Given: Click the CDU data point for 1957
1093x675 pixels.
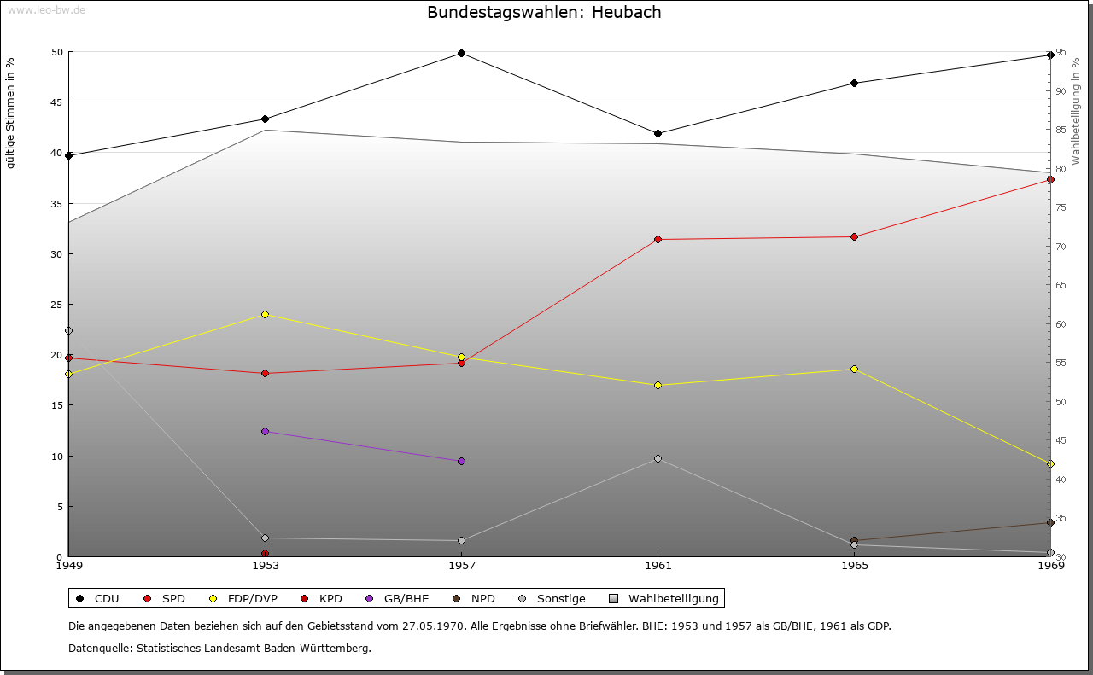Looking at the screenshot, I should tap(461, 54).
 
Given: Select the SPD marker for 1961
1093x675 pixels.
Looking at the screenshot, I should tap(658, 240).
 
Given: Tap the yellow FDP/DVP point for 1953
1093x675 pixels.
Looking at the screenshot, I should tap(265, 315).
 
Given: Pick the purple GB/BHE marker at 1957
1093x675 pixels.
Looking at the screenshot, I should tap(461, 462).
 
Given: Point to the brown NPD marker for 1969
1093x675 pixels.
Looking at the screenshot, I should tap(1050, 523).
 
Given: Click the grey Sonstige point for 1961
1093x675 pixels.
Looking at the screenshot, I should tap(658, 459).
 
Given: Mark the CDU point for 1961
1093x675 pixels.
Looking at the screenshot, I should tap(658, 134).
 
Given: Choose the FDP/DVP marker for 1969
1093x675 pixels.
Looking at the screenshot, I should tap(1050, 464).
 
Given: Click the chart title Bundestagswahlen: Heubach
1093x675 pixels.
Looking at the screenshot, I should tap(544, 13).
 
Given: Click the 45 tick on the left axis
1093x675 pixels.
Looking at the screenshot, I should tap(56, 102).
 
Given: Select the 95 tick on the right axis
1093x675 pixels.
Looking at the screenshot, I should tap(1060, 53).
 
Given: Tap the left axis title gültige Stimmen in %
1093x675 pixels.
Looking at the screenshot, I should tap(11, 113).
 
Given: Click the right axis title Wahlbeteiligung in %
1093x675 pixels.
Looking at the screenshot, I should tap(1076, 111).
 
